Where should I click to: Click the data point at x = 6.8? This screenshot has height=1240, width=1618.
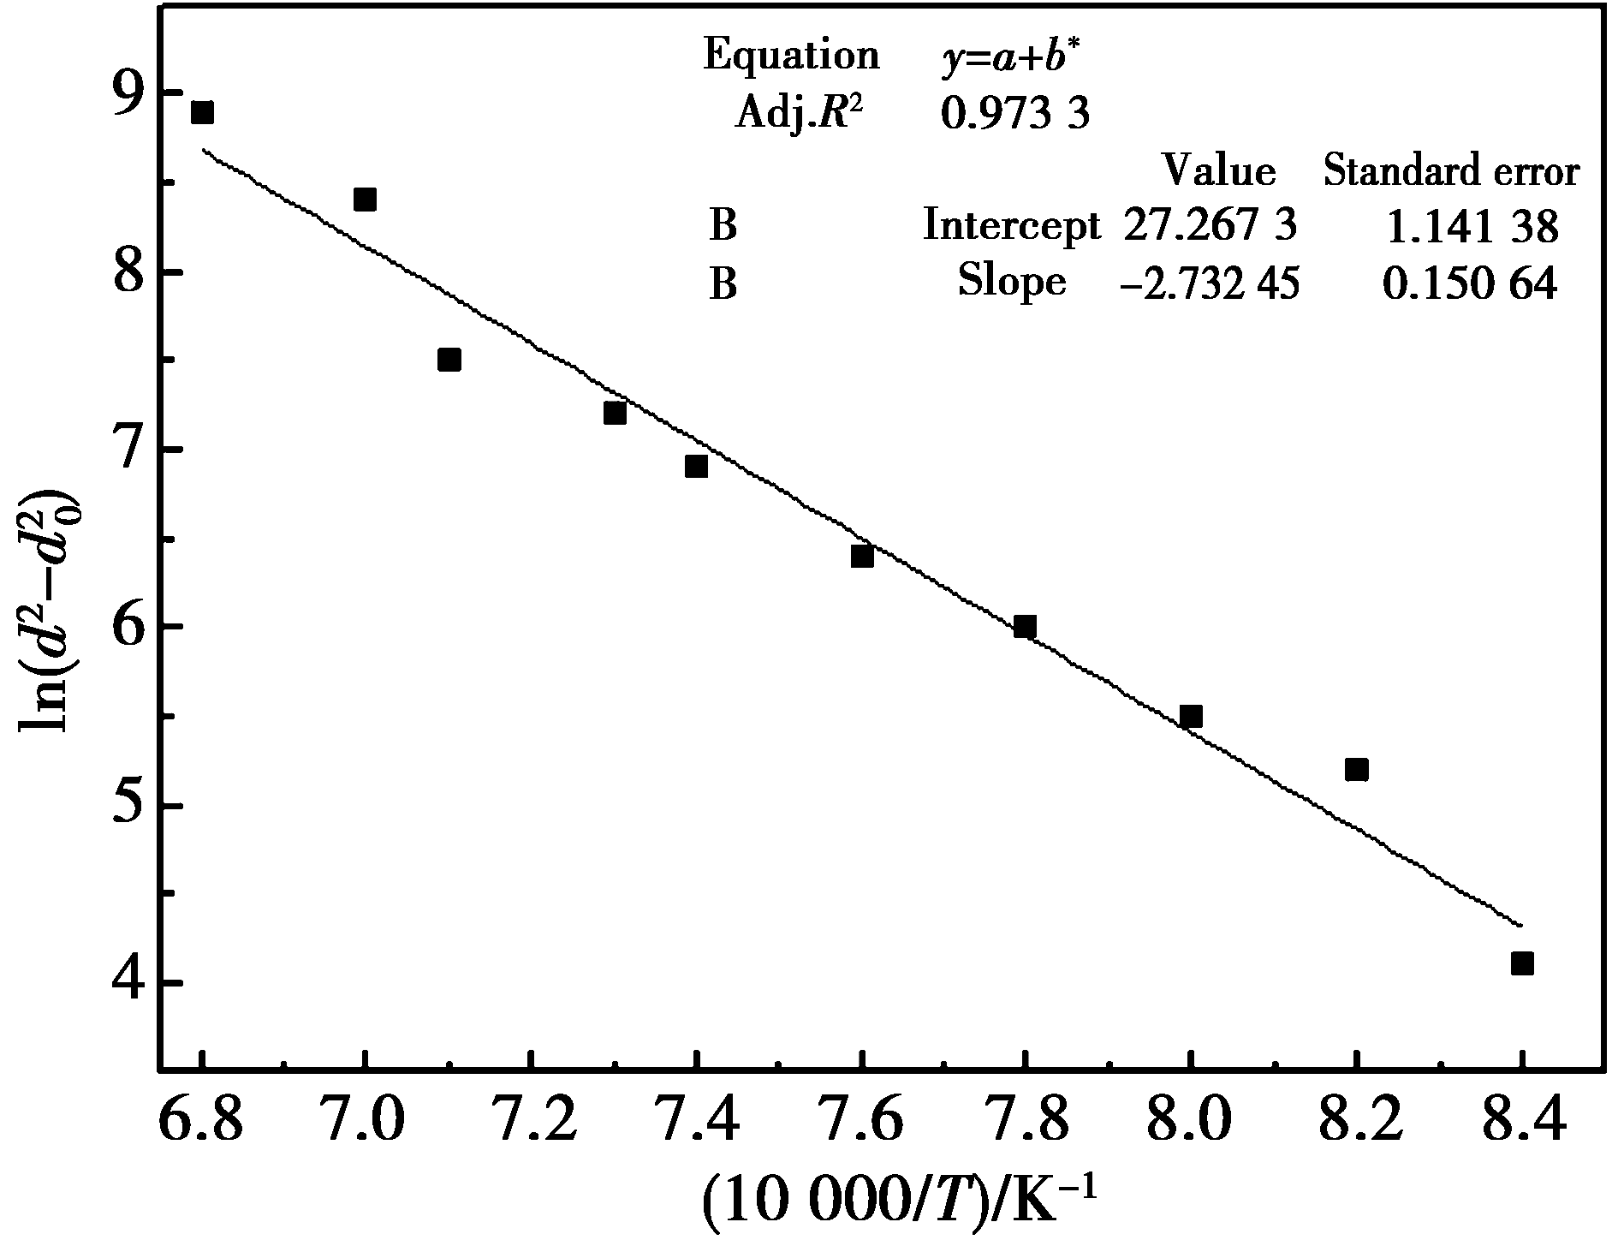tap(202, 112)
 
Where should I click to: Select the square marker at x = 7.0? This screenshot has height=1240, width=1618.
tap(365, 200)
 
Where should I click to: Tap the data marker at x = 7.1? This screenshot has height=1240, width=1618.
tap(449, 359)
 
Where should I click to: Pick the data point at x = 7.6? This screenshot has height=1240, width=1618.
tap(862, 556)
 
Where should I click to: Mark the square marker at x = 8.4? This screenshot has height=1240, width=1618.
tap(1521, 963)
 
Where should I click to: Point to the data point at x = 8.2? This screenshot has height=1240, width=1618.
tap(1356, 770)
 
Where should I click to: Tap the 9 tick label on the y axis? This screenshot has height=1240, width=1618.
tap(127, 94)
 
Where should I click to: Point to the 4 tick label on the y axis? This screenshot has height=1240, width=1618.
tap(127, 985)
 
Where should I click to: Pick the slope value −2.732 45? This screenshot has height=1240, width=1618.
tap(1210, 283)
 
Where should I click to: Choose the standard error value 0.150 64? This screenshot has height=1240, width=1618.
tap(1469, 283)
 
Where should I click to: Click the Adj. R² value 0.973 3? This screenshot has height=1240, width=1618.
tap(1015, 113)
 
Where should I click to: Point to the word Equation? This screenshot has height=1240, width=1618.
tap(791, 57)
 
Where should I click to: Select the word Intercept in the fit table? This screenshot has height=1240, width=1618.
tap(1011, 226)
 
